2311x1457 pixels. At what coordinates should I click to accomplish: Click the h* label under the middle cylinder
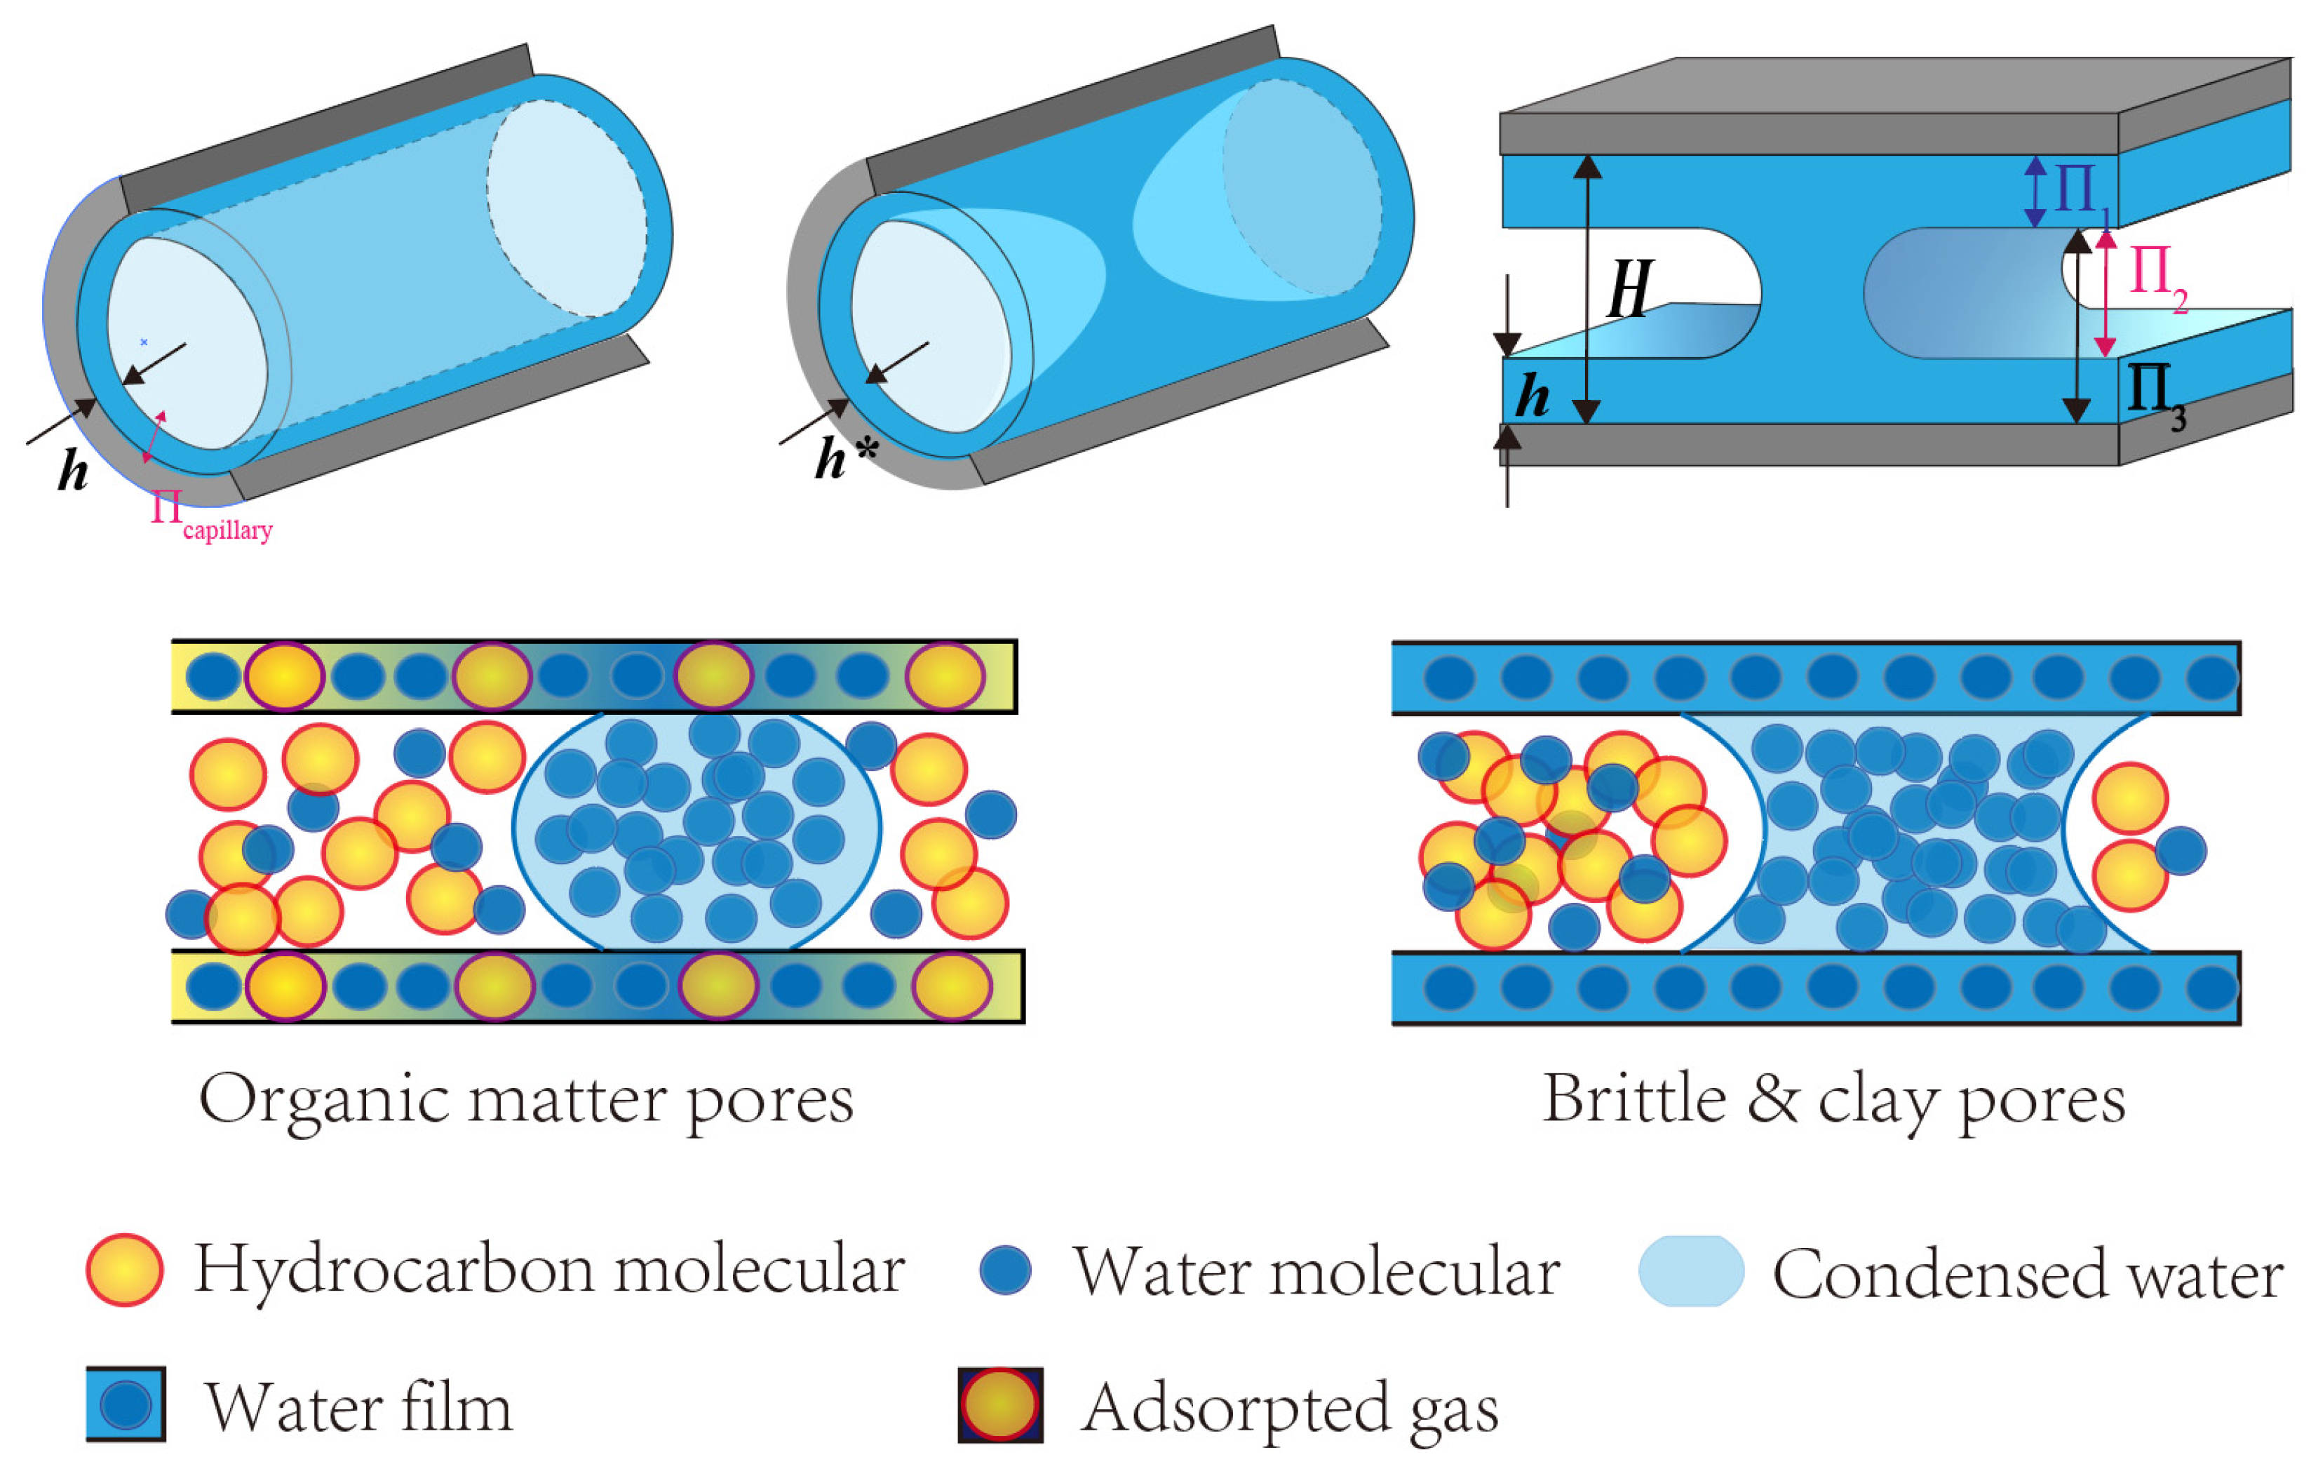(x=844, y=458)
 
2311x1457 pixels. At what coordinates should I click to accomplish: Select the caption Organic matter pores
(x=526, y=1101)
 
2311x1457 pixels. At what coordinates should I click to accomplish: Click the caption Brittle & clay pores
(x=1833, y=1101)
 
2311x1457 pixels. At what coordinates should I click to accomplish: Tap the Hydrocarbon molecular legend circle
(x=125, y=1269)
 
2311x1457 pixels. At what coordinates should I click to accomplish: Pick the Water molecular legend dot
(x=1005, y=1270)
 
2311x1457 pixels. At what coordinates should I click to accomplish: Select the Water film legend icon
(x=126, y=1403)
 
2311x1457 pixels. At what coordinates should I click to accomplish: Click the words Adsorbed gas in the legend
(x=1289, y=1408)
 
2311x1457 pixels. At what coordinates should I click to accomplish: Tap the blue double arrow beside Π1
(x=2035, y=192)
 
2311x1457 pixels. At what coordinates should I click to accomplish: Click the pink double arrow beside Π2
(x=2105, y=293)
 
